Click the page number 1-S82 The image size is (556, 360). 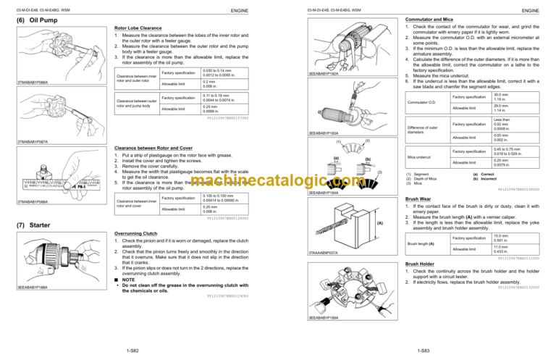(134, 350)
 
